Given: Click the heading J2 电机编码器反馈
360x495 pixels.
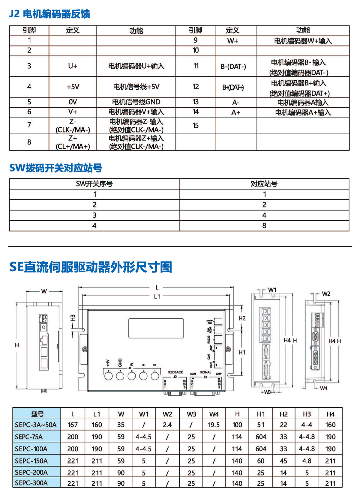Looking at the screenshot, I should (x=49, y=14).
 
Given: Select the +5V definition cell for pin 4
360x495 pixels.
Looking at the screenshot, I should (x=73, y=87).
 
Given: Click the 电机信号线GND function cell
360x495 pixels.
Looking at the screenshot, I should (x=136, y=102).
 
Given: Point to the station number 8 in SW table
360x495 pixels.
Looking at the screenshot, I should (x=264, y=226).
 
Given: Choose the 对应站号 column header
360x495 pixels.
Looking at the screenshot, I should (x=264, y=184).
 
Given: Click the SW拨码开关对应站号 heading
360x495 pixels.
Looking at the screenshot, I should (x=56, y=168).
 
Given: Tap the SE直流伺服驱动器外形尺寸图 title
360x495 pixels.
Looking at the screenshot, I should (x=91, y=267).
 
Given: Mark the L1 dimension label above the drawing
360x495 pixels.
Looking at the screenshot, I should (x=157, y=297).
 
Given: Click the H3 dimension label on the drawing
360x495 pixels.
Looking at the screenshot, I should (x=73, y=318).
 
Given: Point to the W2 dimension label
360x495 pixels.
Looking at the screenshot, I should (x=326, y=294).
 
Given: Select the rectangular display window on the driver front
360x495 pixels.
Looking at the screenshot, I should (x=156, y=328).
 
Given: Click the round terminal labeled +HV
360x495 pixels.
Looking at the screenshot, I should (x=108, y=376).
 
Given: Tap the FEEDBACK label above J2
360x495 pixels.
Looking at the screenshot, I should (x=175, y=372).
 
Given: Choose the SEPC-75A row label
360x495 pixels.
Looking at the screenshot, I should (x=29, y=437).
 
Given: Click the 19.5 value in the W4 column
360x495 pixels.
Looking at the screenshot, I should (x=214, y=425).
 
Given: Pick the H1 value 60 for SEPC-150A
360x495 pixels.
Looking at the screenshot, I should (x=261, y=461).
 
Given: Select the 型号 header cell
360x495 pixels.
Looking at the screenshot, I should (x=37, y=414).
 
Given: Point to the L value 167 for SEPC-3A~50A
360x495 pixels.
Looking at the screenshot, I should (x=73, y=425).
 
